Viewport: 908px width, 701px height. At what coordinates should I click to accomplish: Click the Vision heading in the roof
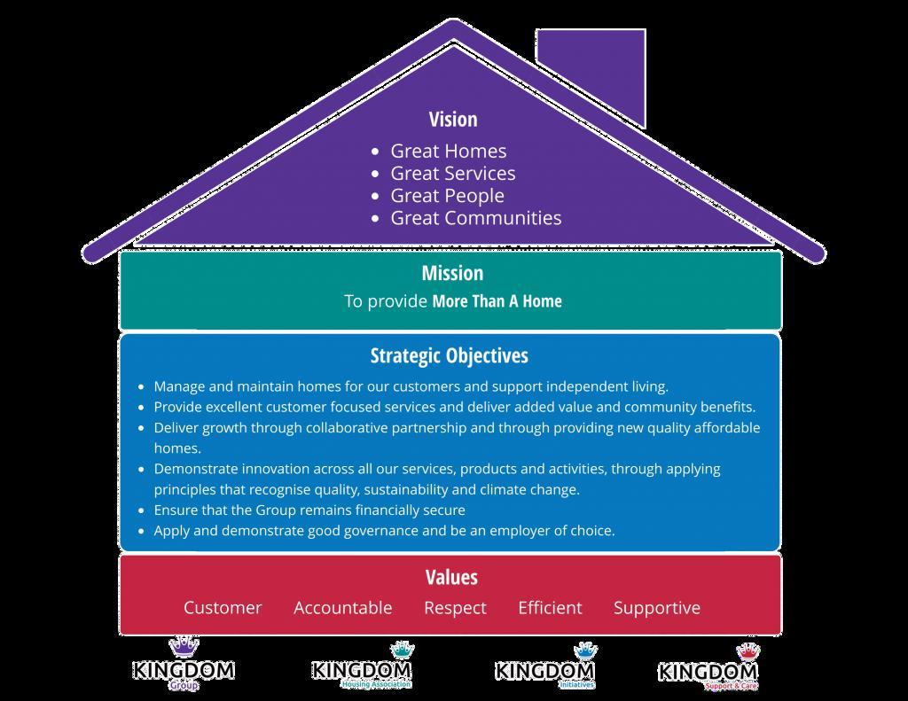(x=453, y=120)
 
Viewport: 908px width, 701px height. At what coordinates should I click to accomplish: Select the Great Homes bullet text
(x=448, y=152)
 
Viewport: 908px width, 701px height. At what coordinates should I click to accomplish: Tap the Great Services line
(x=452, y=174)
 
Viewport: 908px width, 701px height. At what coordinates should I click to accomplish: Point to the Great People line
(x=447, y=196)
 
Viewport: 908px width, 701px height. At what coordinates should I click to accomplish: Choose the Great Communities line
(x=475, y=218)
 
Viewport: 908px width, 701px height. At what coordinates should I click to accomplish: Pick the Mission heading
(x=452, y=273)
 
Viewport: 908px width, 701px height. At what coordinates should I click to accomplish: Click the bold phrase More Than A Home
(x=497, y=301)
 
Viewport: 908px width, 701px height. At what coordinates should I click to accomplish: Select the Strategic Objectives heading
(x=449, y=355)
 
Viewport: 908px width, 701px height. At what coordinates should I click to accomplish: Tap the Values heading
(x=451, y=577)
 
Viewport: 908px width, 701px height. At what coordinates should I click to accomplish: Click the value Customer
(x=223, y=608)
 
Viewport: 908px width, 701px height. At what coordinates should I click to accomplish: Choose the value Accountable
(x=342, y=608)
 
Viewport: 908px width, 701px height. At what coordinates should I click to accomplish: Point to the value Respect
(x=455, y=608)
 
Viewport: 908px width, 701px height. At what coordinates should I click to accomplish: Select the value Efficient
(x=550, y=608)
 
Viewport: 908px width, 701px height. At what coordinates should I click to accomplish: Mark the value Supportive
(x=656, y=608)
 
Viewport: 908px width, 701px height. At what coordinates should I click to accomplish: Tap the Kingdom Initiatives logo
(x=544, y=667)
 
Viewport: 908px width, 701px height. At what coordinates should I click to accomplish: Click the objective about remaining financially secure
(x=309, y=510)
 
